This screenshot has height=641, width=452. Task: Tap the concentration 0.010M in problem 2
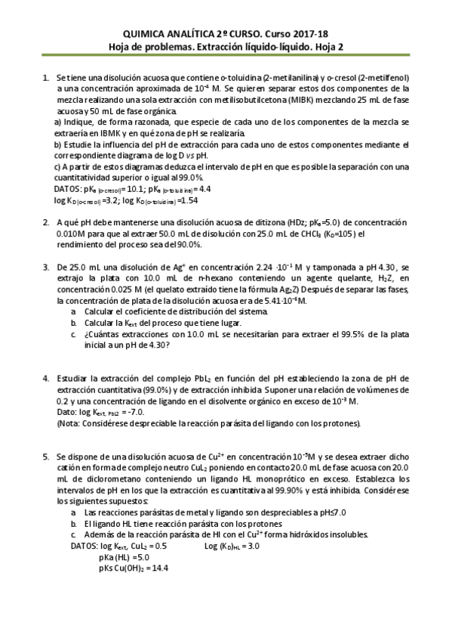coord(71,234)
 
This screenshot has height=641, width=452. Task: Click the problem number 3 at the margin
coord(46,268)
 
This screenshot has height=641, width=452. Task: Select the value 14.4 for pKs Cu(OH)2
coord(158,567)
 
